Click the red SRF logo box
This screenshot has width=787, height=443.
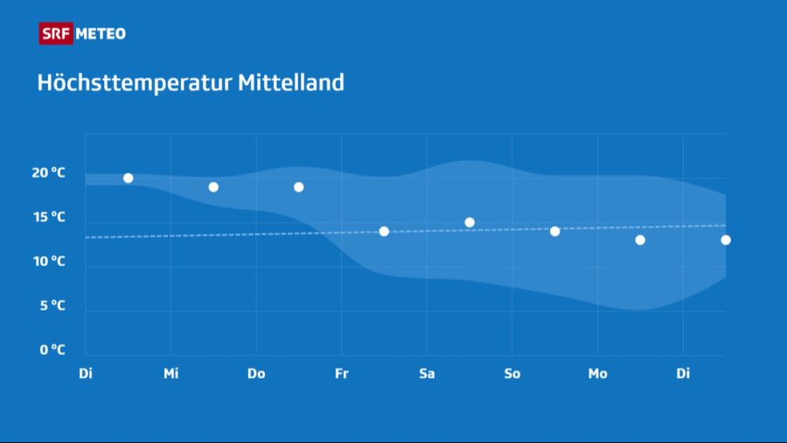point(56,34)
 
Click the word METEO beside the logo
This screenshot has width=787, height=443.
point(101,34)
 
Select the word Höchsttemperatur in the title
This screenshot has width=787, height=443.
point(135,83)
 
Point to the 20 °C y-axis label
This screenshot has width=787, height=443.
point(49,173)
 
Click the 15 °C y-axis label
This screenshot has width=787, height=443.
point(49,217)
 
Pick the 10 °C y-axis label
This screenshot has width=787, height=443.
point(49,261)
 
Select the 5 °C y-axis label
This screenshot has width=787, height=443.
point(52,306)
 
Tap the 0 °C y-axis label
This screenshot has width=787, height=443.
point(52,350)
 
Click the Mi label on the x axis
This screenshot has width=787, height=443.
point(171,374)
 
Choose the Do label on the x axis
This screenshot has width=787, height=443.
point(256,374)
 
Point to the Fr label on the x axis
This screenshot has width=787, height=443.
point(341,374)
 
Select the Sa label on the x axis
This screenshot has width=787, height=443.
point(427,374)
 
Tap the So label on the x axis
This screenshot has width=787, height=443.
point(512,374)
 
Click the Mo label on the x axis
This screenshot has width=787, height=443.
point(597,374)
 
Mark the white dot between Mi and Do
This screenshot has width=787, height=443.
point(213,187)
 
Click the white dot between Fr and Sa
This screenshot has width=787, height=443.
point(384,232)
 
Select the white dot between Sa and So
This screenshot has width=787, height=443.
point(470,222)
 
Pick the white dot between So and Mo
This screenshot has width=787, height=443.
point(554,232)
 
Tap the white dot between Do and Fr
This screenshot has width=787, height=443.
point(298,187)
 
